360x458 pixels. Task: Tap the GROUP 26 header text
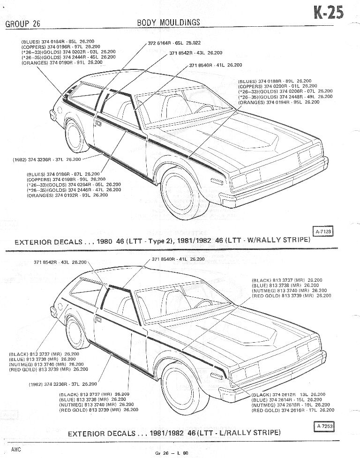(22, 23)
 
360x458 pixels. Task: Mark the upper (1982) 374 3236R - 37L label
(47, 159)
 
